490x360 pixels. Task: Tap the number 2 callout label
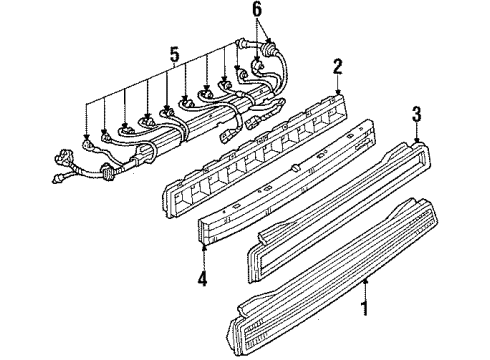pyautogui.click(x=338, y=68)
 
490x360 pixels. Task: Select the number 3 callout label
pyautogui.click(x=417, y=113)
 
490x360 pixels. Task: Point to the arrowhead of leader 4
pyautogui.click(x=205, y=245)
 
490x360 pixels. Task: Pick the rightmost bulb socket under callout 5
pyautogui.click(x=238, y=77)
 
